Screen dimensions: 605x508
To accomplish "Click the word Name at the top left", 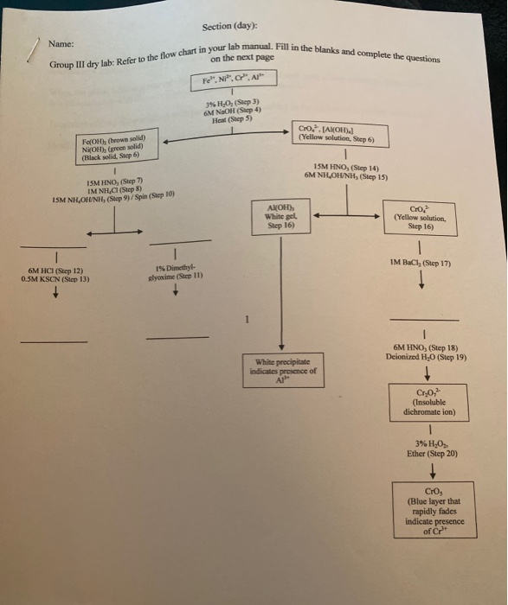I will coord(61,44).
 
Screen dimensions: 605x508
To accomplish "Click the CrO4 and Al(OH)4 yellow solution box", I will coord(339,133).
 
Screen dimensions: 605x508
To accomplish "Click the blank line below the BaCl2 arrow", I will coord(424,315).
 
